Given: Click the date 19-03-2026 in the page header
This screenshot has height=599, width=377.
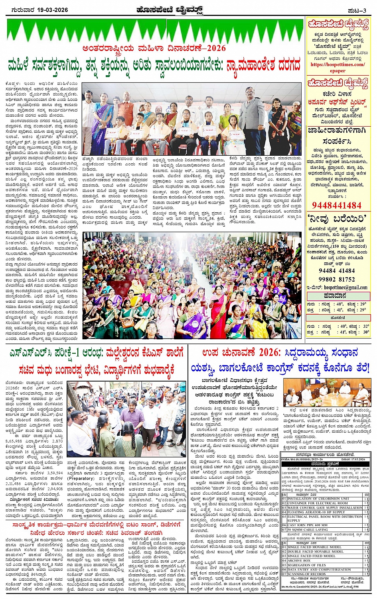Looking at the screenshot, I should [x=51, y=10].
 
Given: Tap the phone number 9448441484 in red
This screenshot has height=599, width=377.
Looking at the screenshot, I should [x=336, y=206].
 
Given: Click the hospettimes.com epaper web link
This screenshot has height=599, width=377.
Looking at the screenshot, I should [x=338, y=67].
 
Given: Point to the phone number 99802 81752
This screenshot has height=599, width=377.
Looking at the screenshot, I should [x=337, y=279].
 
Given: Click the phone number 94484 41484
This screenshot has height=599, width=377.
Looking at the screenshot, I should [x=337, y=271].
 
